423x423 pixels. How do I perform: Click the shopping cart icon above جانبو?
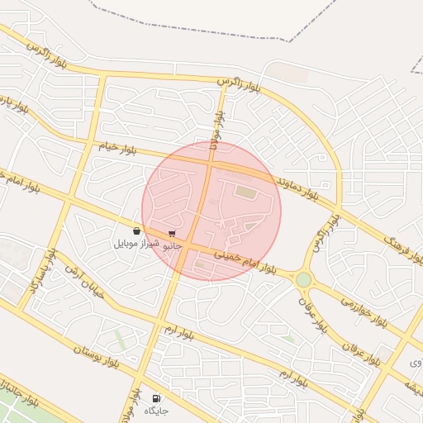pos(172,234)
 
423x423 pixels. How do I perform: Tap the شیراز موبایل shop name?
pos(135,245)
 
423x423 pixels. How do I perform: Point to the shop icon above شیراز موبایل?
pos(135,231)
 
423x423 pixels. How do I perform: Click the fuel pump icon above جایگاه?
pos(157,398)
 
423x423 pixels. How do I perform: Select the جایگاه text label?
pos(157,411)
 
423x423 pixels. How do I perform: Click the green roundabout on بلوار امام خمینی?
pos(304,279)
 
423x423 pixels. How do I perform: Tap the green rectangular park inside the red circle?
pos(245,192)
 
